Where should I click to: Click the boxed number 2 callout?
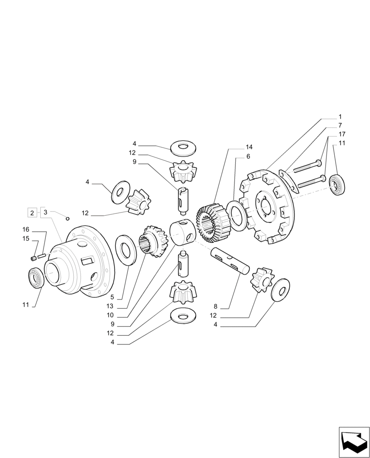[32, 212]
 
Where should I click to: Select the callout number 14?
[249, 147]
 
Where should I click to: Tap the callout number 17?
[342, 134]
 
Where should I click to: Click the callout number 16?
[26, 229]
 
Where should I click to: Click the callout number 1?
[340, 117]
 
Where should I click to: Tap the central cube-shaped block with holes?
[183, 232]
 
